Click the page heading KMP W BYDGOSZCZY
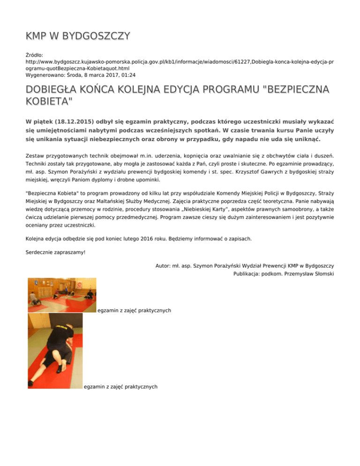coord(78,36)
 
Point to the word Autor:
coord(165,266)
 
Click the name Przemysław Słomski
coord(308,275)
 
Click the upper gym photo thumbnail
coord(62,295)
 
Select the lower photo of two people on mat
coord(55,351)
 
